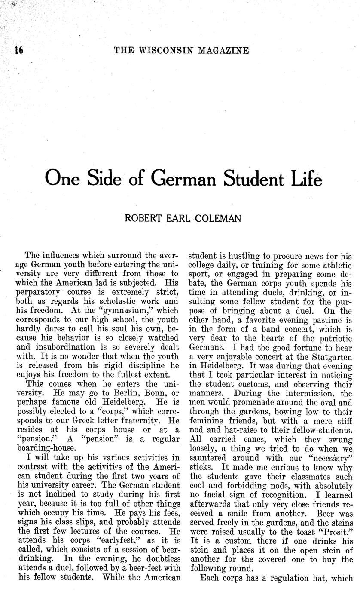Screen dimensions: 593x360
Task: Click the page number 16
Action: [18, 50]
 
